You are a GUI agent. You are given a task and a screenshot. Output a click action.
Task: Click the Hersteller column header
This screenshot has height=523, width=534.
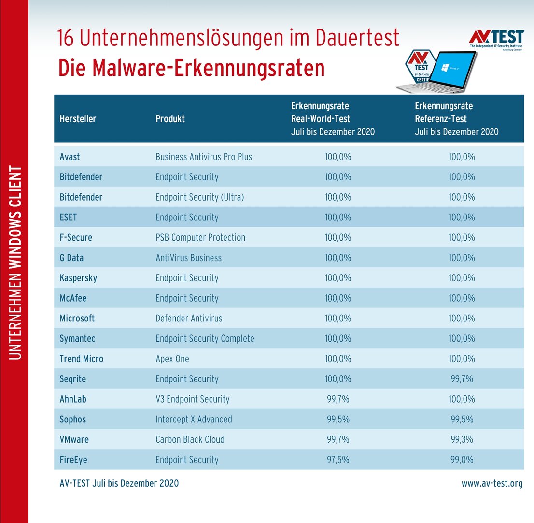point(78,119)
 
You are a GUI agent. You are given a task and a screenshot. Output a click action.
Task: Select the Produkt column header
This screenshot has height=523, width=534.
point(170,119)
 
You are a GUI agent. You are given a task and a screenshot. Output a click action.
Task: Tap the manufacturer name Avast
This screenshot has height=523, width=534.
point(70,157)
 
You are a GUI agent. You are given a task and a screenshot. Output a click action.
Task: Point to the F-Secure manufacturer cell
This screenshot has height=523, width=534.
point(76,238)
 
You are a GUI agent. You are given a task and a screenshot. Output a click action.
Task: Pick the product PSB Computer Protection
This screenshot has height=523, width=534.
point(200,238)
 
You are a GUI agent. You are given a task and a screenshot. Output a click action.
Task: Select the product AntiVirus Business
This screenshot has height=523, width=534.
point(188,258)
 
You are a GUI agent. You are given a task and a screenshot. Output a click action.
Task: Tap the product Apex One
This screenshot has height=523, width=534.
point(172,359)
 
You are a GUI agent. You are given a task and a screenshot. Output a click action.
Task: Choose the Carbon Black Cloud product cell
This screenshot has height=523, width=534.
point(190,440)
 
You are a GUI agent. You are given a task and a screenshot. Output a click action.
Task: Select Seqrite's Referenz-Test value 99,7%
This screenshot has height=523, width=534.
point(462,379)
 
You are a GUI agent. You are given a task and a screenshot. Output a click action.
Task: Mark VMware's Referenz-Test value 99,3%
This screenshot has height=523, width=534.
point(462,440)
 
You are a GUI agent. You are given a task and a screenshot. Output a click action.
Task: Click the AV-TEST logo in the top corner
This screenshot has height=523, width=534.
point(496,39)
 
